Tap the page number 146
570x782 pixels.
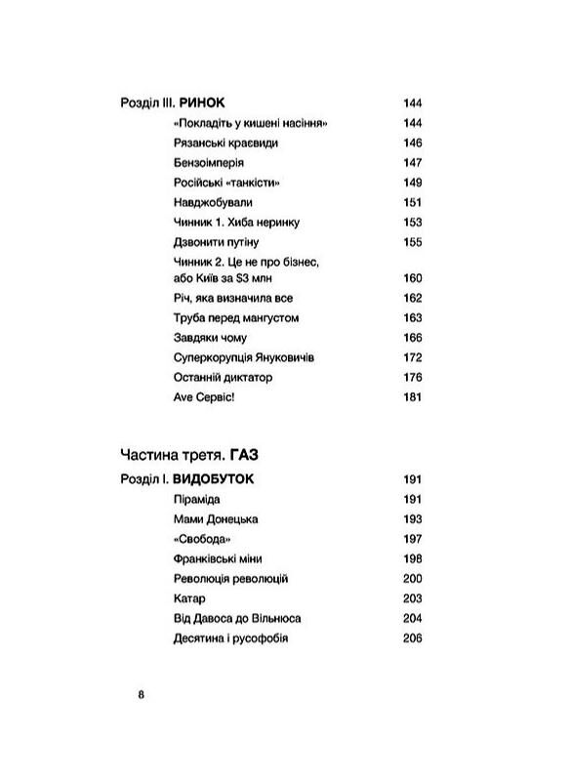click(x=411, y=143)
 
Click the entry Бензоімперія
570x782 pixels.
click(x=206, y=162)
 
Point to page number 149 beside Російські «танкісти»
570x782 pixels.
click(x=411, y=182)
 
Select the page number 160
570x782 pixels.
click(x=411, y=278)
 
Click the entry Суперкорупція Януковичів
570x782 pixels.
click(x=240, y=356)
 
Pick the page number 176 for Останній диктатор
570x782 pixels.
click(x=411, y=376)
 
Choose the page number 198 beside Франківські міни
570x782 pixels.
click(x=411, y=557)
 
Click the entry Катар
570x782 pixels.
click(x=185, y=597)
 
